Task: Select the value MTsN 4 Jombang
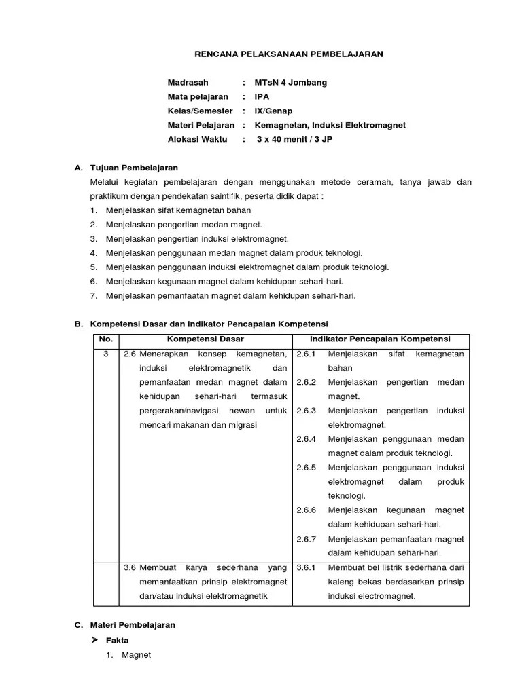pyautogui.click(x=290, y=83)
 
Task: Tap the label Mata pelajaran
pyautogui.click(x=198, y=97)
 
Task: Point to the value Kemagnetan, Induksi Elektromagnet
pyautogui.click(x=330, y=126)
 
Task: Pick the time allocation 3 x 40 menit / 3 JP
pyautogui.click(x=294, y=140)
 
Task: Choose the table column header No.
pyautogui.click(x=105, y=339)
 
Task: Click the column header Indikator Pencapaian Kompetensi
pyautogui.click(x=380, y=339)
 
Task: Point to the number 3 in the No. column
pyautogui.click(x=105, y=354)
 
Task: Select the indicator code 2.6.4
pyautogui.click(x=307, y=439)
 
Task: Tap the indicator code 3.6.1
pyautogui.click(x=307, y=567)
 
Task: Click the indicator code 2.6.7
pyautogui.click(x=307, y=539)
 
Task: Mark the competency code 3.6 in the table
pyautogui.click(x=130, y=567)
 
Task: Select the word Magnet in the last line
pyautogui.click(x=136, y=655)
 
